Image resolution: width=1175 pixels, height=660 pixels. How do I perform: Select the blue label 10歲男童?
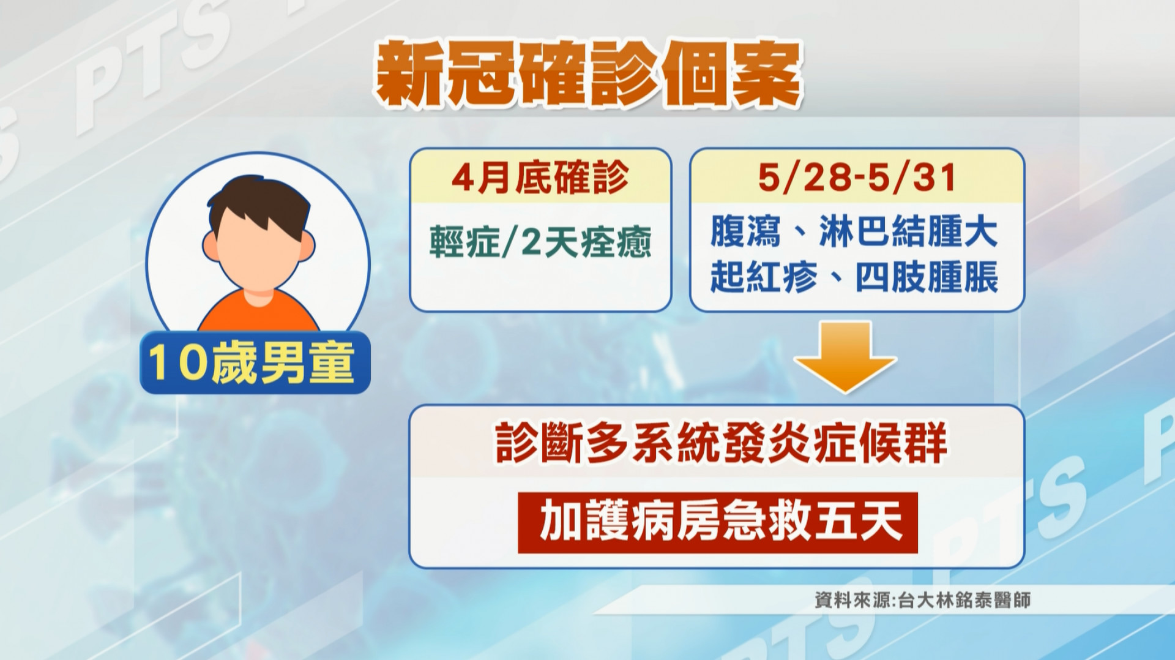255,362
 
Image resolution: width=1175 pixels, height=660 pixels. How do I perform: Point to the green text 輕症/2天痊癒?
540,242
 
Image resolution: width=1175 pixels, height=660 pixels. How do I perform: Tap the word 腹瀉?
745,231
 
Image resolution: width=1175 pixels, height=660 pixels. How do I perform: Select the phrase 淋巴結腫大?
909,231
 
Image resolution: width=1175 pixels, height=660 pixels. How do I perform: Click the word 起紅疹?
764,277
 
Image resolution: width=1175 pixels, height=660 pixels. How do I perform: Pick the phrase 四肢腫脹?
927,277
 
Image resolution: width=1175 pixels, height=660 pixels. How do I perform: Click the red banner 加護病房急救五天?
718,523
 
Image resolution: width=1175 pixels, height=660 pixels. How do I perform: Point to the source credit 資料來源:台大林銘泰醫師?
922,599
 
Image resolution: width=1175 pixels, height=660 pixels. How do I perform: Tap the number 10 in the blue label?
176,362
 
